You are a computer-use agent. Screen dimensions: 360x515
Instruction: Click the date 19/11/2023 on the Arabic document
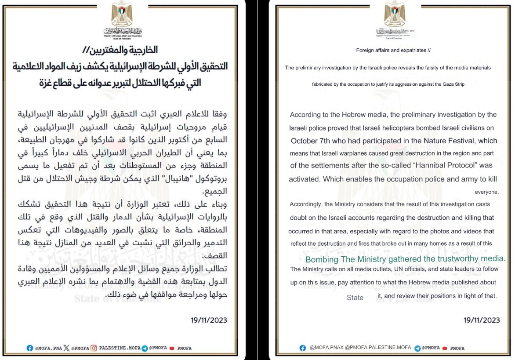point(209,320)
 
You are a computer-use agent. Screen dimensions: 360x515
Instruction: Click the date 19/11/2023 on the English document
point(482,320)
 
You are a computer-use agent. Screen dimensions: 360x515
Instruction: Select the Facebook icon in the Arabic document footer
point(30,348)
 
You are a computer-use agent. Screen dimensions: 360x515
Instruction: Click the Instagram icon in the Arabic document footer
point(94,348)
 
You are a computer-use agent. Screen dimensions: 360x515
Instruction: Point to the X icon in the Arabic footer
point(66,348)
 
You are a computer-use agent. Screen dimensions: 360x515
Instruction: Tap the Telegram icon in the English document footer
point(417,348)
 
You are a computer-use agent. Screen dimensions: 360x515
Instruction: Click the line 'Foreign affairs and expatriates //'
point(393,50)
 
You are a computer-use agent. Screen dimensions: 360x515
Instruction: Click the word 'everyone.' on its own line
point(486,192)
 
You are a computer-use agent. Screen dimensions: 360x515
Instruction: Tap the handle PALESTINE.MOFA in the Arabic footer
point(119,348)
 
